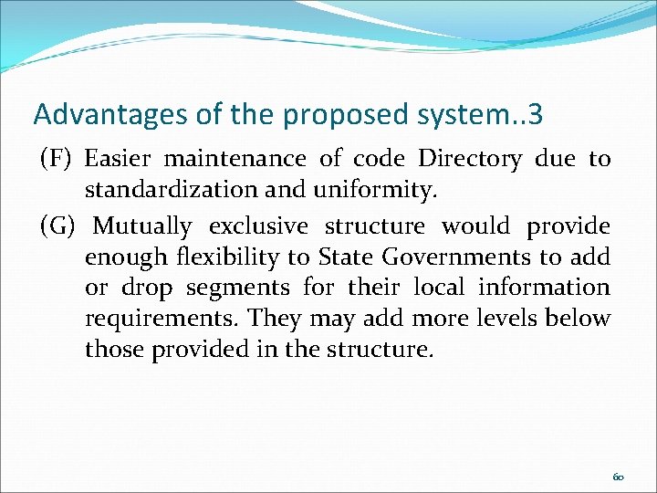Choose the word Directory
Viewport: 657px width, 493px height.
[x=470, y=160]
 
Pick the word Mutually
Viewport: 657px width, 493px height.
[x=143, y=226]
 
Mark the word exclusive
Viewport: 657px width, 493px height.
[x=260, y=226]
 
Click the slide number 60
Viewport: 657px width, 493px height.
[x=618, y=477]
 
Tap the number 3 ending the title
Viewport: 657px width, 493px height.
[x=535, y=114]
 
